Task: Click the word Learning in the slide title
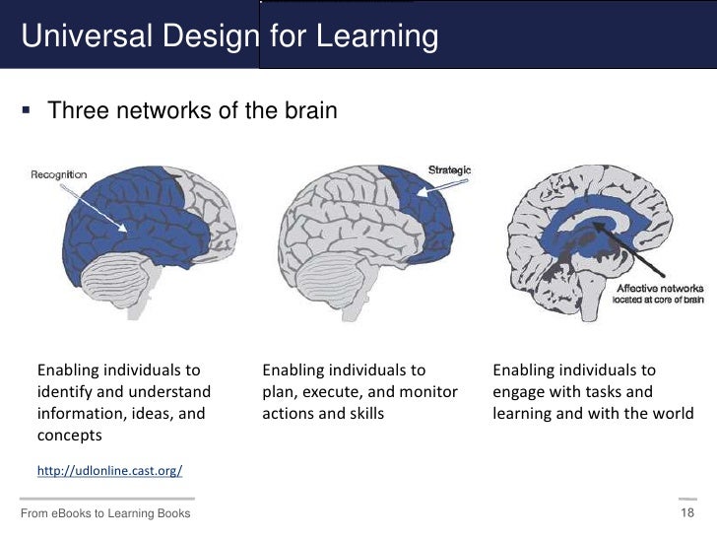(x=379, y=36)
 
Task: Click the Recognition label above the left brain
(x=59, y=174)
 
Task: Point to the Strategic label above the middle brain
(x=449, y=169)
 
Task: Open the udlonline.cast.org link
(x=109, y=471)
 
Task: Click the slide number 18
(x=687, y=514)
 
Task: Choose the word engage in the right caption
(x=519, y=392)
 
